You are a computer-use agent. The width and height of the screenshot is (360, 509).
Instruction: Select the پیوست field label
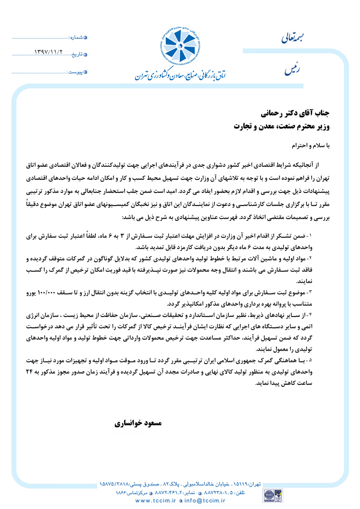[76, 71]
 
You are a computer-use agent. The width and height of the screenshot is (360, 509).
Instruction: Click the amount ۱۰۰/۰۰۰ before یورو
[58, 293]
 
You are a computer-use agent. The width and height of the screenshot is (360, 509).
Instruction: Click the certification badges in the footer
[274, 494]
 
